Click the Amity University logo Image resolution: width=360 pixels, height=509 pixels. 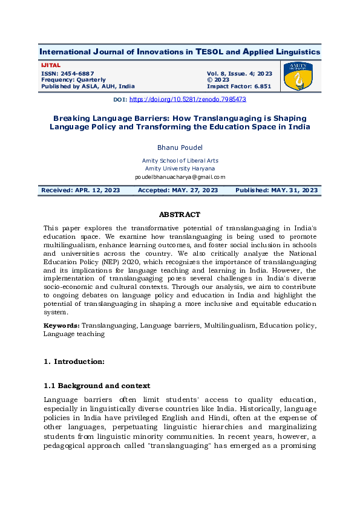click(x=299, y=76)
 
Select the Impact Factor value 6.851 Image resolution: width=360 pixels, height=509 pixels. click(x=261, y=86)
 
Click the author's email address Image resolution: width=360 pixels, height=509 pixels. click(x=180, y=177)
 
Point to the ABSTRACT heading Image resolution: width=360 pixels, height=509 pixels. click(x=179, y=215)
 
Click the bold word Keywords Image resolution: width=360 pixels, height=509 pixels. click(x=61, y=325)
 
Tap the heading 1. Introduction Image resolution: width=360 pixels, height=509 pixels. click(x=74, y=361)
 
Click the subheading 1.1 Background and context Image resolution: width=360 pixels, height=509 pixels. click(x=97, y=386)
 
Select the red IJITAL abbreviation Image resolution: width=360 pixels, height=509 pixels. click(x=51, y=65)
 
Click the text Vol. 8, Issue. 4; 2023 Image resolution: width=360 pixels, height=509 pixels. click(x=239, y=73)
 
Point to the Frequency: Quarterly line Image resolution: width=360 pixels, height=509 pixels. click(x=73, y=80)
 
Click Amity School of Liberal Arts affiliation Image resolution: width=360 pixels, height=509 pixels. click(x=180, y=160)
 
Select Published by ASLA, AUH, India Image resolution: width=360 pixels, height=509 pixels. click(x=88, y=86)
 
